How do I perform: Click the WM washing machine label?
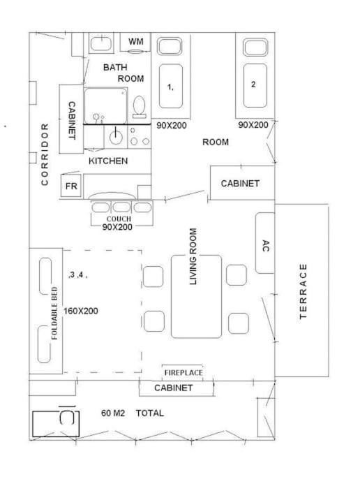(x=136, y=41)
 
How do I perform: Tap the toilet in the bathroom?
(x=140, y=107)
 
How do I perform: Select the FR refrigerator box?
(x=71, y=186)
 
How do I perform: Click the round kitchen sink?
(x=116, y=137)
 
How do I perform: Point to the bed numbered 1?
(x=171, y=86)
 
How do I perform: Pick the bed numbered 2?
(x=255, y=85)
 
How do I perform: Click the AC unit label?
(x=266, y=246)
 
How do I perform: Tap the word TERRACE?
(x=303, y=291)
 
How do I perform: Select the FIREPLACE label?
(x=183, y=373)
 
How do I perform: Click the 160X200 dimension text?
(x=81, y=311)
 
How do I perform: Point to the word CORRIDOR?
(x=45, y=154)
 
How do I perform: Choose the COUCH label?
(x=119, y=219)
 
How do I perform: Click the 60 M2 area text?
(x=113, y=413)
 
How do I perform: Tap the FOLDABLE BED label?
(x=54, y=313)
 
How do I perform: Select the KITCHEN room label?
(x=108, y=161)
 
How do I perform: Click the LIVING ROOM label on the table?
(x=193, y=256)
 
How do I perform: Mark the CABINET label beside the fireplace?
(x=173, y=388)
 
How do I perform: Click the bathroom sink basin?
(x=101, y=43)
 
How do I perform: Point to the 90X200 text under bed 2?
(x=253, y=125)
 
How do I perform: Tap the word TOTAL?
(x=150, y=413)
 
